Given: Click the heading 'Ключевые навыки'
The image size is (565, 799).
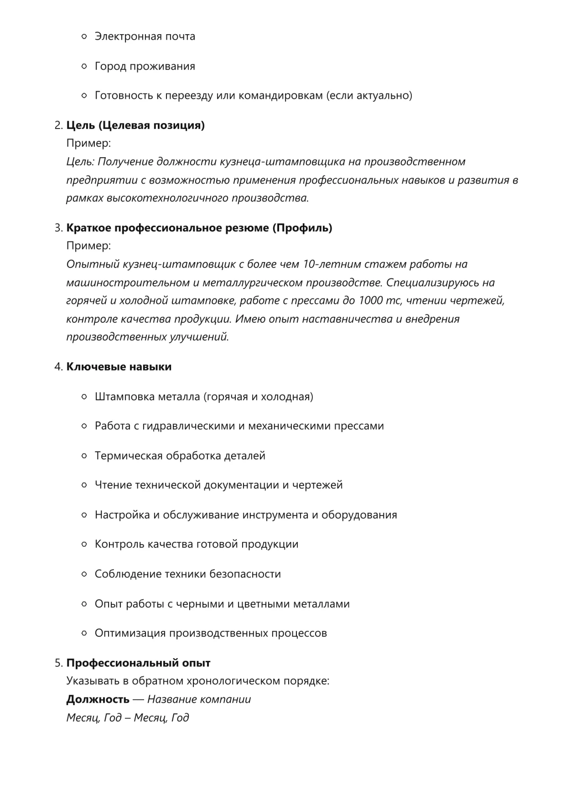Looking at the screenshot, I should click(x=119, y=367).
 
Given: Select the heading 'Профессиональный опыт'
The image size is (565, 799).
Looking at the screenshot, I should click(x=138, y=663).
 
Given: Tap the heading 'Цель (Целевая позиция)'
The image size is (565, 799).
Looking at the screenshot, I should click(x=135, y=125).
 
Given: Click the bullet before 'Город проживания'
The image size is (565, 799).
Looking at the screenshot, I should click(x=84, y=67).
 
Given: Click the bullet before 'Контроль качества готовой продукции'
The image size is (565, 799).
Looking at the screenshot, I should click(x=84, y=544).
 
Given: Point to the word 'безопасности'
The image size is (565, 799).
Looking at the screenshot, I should click(x=245, y=574).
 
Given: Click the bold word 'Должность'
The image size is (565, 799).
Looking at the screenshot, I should click(x=98, y=699).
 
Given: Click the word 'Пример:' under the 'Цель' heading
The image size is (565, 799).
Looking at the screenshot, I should click(x=88, y=143).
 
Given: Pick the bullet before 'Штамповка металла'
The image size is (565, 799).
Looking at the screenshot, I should click(x=84, y=397).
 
